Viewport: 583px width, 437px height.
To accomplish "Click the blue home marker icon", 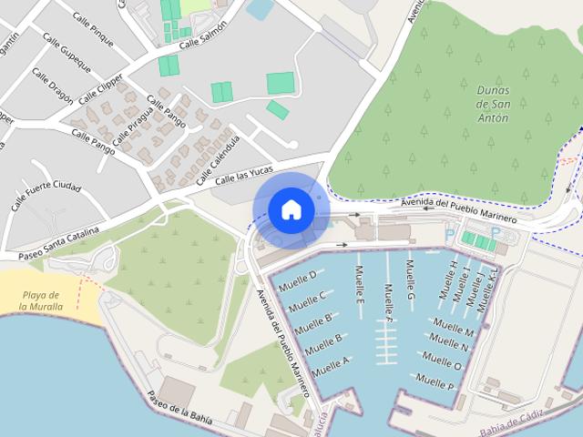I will pos(291,210).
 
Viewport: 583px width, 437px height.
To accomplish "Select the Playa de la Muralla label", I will pos(42,300).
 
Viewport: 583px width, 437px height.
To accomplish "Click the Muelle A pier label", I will pos(331,367).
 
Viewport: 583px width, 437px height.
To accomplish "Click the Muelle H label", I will pos(447,280).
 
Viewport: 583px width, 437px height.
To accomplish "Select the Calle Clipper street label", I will pos(101,86).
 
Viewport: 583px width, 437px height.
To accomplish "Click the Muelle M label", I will pos(453,328).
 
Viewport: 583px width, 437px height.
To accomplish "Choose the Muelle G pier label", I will pos(411,281).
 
